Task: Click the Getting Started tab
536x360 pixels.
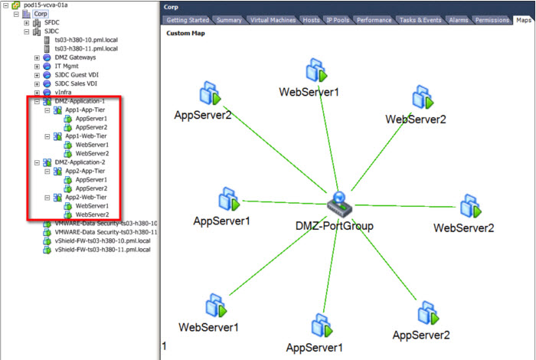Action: click(x=187, y=20)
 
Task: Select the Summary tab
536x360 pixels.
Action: click(x=229, y=20)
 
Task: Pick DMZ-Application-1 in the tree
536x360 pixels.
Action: click(x=80, y=101)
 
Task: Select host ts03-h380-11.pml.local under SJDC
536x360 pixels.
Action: click(x=86, y=48)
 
